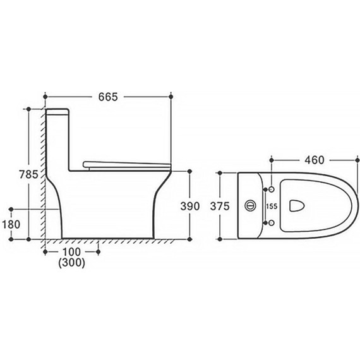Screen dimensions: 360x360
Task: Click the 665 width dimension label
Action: click(108, 97)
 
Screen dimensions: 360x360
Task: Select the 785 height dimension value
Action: click(28, 174)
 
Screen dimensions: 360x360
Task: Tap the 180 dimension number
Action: click(11, 224)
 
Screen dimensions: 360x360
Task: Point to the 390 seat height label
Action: click(190, 206)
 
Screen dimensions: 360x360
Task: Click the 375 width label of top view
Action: click(220, 206)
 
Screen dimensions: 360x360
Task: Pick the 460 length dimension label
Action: click(315, 160)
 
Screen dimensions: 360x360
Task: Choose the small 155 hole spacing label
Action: click(272, 206)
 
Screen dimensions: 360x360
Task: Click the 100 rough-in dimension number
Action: click(71, 252)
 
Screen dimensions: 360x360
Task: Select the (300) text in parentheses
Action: click(71, 263)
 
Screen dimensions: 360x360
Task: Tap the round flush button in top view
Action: click(251, 205)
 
